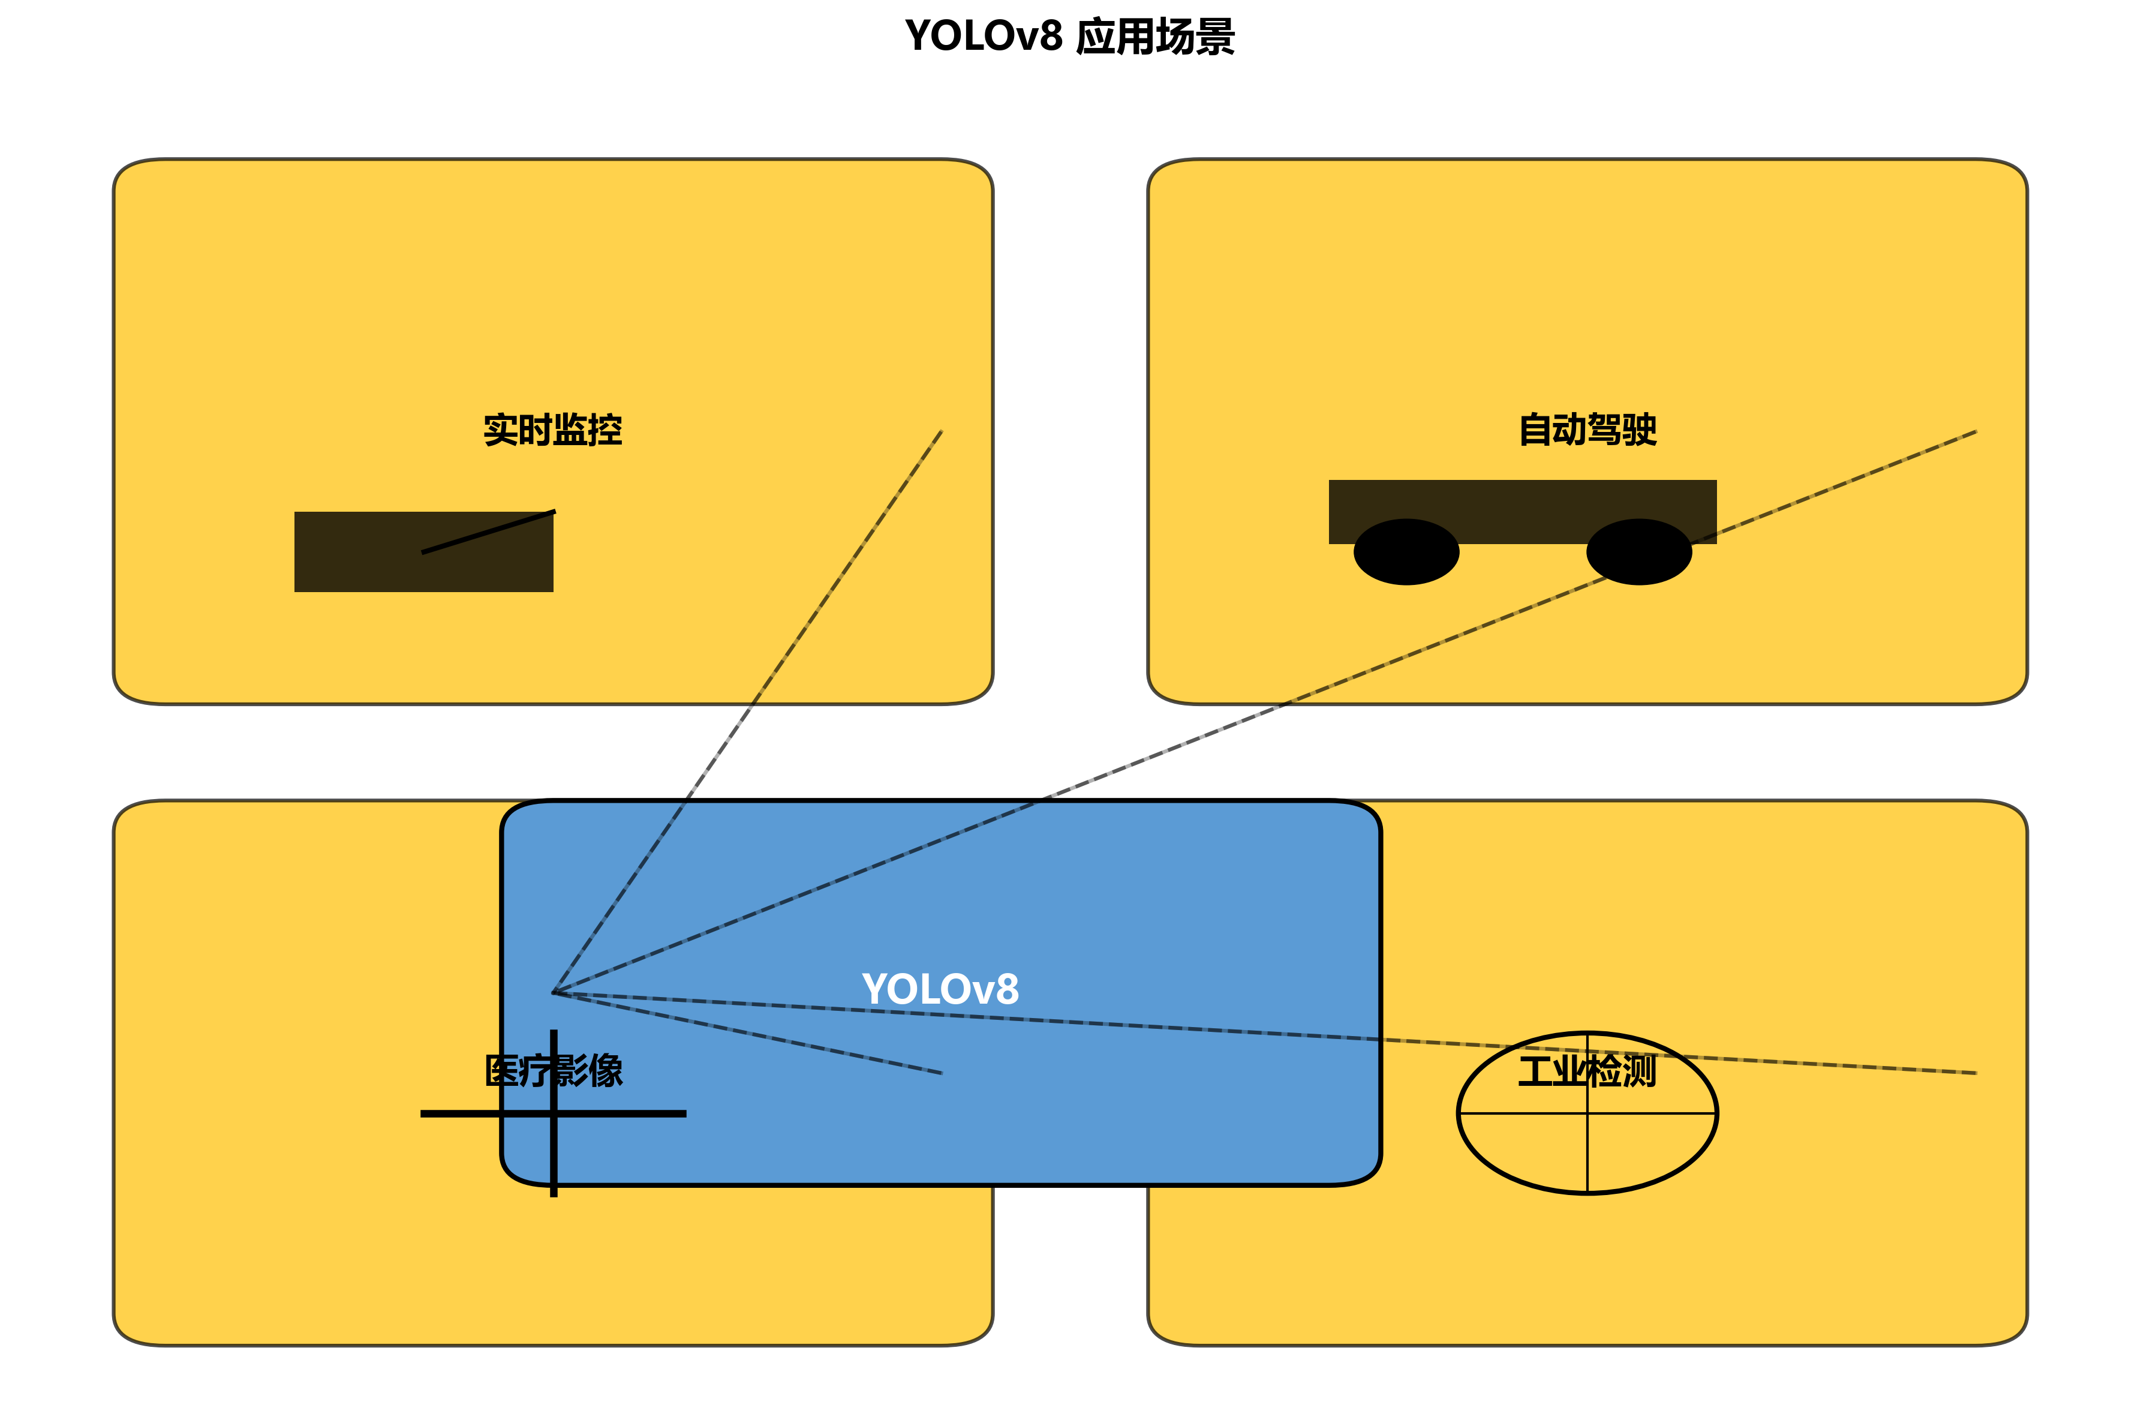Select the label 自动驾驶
1587,430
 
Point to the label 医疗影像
554,1071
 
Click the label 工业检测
1587,1071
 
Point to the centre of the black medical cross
554,1113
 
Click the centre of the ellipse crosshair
1587,1113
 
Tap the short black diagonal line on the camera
488,532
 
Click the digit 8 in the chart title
1050,37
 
